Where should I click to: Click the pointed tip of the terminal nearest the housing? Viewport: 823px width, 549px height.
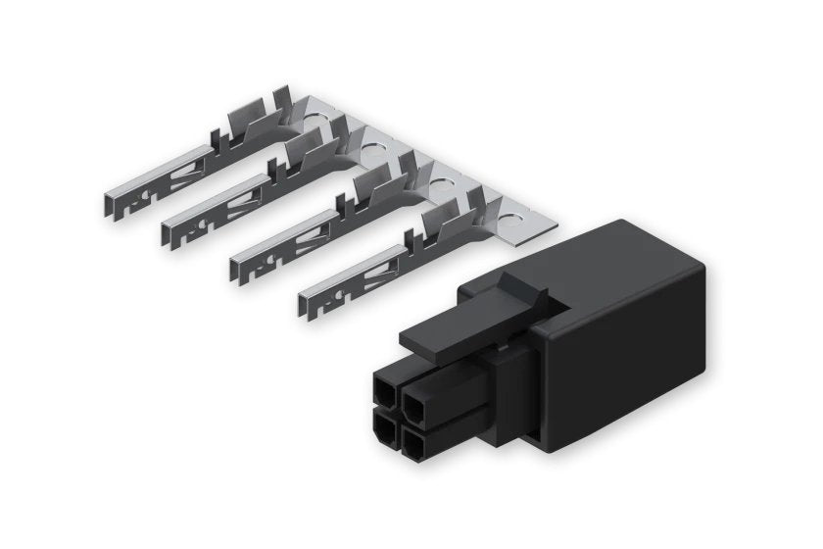tap(302, 301)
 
